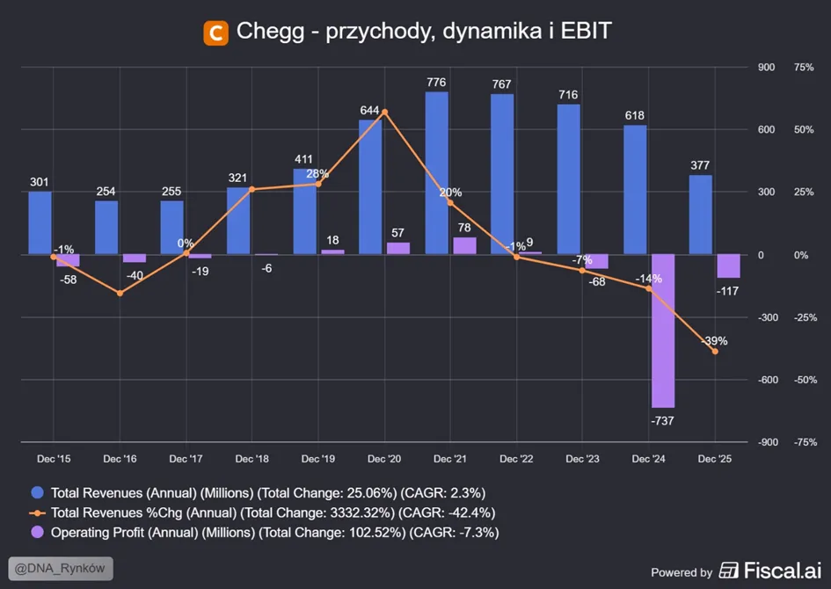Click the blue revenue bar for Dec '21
point(437,173)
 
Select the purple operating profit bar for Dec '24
point(663,331)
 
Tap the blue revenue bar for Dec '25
point(701,215)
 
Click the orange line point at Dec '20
point(385,112)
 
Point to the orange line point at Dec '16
point(120,293)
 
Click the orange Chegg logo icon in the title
point(215,33)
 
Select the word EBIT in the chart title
point(587,31)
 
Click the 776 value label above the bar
point(436,82)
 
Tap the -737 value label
point(662,421)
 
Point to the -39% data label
point(715,341)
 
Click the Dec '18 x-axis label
point(251,459)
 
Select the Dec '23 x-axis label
point(582,459)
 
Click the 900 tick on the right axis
point(766,68)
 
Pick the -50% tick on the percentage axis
point(805,380)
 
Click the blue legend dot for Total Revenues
point(37,492)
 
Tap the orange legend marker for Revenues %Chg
point(37,513)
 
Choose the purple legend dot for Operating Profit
point(37,533)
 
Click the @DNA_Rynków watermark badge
point(61,569)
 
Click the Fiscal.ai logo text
point(783,571)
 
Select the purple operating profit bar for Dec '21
point(465,246)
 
